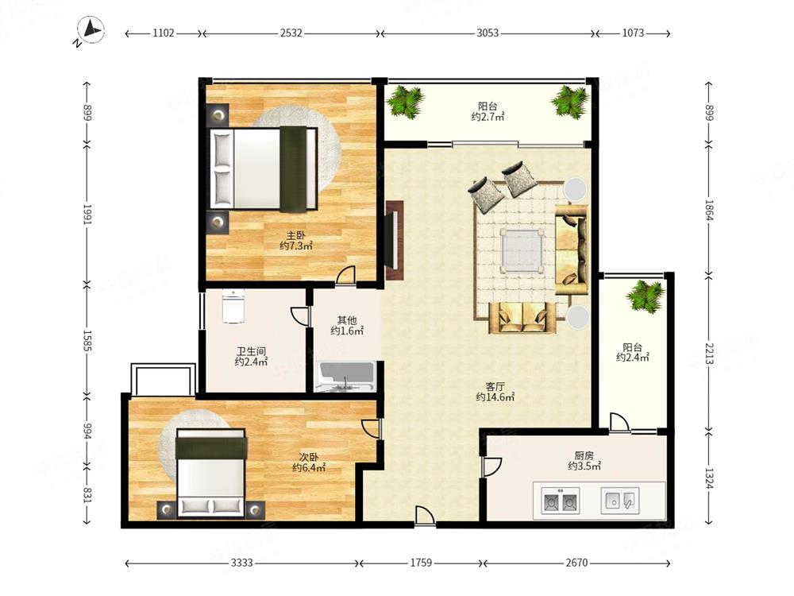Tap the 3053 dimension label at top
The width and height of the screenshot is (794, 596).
[488, 33]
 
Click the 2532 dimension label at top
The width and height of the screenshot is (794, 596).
[291, 33]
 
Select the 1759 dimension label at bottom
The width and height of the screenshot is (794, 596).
[421, 563]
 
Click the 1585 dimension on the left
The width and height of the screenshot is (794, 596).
[87, 341]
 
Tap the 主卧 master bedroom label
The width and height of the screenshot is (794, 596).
[296, 236]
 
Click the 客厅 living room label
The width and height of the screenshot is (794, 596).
[495, 387]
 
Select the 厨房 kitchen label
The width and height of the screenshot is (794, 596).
[584, 455]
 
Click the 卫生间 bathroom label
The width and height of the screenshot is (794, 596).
[251, 351]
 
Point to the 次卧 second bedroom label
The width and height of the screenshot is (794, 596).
[308, 457]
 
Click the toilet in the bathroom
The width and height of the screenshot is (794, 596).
[233, 306]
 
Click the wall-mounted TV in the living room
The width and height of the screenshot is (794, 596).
[391, 240]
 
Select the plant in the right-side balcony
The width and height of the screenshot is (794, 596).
[645, 296]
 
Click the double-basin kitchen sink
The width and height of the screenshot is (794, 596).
[560, 501]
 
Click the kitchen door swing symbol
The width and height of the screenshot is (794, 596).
[491, 466]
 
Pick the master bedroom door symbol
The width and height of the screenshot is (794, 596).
[347, 275]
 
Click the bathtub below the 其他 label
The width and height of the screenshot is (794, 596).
[345, 377]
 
